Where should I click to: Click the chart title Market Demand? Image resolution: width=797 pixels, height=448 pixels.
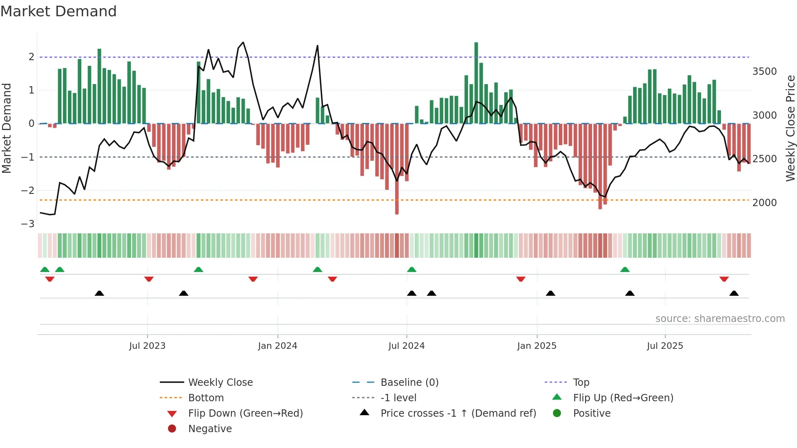tap(59, 11)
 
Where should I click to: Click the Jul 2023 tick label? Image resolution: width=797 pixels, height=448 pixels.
tap(147, 346)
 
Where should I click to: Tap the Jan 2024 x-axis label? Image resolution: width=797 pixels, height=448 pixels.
tap(277, 346)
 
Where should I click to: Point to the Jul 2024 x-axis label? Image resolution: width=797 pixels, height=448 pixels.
tap(406, 346)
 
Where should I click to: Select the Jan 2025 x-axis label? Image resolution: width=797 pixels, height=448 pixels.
tap(537, 346)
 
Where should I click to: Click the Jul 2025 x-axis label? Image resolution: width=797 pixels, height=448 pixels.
tap(665, 346)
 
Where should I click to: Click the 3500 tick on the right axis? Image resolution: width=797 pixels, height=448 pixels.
tap(764, 72)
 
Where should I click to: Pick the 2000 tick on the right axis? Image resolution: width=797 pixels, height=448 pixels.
tap(764, 203)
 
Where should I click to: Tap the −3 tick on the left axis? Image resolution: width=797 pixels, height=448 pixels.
tap(28, 224)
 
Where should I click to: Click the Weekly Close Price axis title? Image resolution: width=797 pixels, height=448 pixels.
tap(790, 128)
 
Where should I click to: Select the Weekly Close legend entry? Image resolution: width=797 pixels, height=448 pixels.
tap(220, 383)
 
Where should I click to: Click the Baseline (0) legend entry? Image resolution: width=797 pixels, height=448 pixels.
tap(409, 383)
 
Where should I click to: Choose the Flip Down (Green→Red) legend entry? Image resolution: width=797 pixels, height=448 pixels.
tap(245, 413)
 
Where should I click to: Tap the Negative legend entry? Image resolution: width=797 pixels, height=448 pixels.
tap(210, 429)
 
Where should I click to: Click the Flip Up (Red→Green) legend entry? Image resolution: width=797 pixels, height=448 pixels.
tap(623, 398)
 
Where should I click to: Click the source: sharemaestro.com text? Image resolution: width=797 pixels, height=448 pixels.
tap(720, 319)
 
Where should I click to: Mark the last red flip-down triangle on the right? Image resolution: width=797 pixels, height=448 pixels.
tap(724, 279)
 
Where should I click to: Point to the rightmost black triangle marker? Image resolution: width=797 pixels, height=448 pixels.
tap(734, 293)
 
